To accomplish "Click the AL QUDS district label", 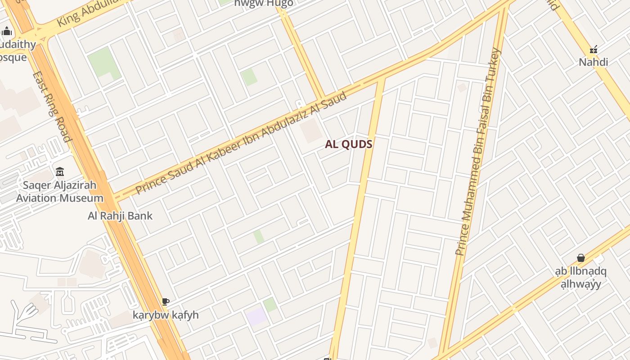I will click(349, 144).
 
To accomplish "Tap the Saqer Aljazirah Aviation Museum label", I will click(60, 192).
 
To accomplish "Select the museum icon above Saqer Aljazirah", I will click(60, 172).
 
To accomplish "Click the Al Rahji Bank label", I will click(120, 216).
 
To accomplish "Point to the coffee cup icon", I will click(166, 301).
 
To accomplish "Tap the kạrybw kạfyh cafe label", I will click(166, 315).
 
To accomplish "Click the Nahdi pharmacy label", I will click(593, 62).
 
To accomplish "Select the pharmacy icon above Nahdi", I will click(594, 49).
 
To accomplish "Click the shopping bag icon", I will click(581, 258).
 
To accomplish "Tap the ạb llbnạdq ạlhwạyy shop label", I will click(581, 278).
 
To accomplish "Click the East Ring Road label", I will click(52, 106).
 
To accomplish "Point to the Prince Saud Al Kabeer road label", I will click(241, 143).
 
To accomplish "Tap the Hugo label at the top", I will click(264, 3).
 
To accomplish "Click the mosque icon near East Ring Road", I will click(7, 31).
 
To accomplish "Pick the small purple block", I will click(256, 317).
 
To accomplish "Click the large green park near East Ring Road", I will click(104, 63).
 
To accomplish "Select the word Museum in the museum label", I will click(82, 198).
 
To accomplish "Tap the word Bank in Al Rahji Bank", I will click(139, 216).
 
